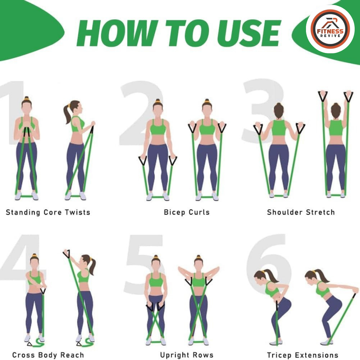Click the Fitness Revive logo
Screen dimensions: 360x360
330,29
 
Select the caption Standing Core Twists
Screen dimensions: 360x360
48,212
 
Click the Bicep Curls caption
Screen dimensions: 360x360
187,212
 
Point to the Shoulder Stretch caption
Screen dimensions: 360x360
301,212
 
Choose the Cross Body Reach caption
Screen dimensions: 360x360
48,355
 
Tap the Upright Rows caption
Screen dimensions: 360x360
187,355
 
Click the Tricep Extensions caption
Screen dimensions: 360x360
302,355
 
